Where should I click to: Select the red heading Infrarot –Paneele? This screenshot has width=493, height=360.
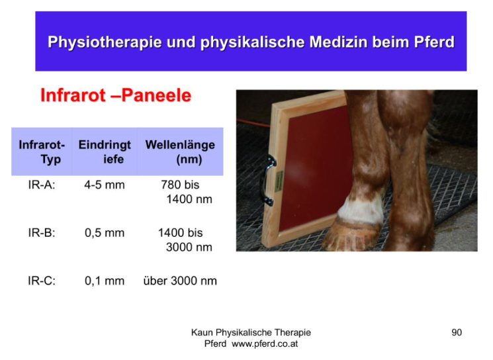[116, 95]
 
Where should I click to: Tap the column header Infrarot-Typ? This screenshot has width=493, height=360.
[42, 152]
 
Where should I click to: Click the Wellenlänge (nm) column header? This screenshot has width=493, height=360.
[180, 152]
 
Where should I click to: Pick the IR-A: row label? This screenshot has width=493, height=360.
[42, 185]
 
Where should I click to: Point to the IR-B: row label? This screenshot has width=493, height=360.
[42, 233]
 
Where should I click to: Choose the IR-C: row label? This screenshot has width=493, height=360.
[42, 281]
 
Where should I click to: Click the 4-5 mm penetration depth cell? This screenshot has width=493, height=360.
[105, 185]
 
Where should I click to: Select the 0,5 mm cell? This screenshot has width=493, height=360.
[105, 233]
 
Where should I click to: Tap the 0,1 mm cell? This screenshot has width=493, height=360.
[105, 281]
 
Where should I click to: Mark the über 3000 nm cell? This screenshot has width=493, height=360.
[180, 281]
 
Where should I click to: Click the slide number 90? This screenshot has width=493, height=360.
[457, 332]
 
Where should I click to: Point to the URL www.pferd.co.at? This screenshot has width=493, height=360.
[265, 343]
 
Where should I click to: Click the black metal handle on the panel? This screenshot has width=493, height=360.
[267, 180]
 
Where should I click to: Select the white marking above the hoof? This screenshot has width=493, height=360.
[361, 208]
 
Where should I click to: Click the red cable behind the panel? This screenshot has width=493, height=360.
[253, 123]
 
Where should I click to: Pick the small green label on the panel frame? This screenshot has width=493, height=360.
[279, 181]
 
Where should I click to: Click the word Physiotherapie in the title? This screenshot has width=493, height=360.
[105, 42]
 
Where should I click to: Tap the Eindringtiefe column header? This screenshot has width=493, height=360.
[105, 152]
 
